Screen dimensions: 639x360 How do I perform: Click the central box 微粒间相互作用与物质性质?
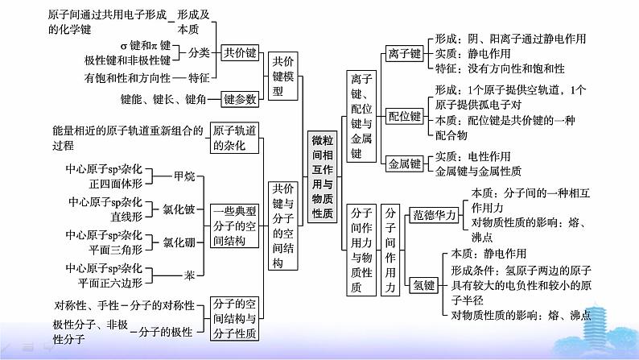322,177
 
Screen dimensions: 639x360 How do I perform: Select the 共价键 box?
240,52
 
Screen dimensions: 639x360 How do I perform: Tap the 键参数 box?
240,99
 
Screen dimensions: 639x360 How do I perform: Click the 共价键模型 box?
282,77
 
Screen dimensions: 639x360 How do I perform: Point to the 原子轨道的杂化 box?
234,138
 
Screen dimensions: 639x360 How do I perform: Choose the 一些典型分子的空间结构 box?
234,226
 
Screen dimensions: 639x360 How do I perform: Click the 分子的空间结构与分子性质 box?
234,318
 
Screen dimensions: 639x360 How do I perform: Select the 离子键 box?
404,53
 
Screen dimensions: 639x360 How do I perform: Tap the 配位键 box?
404,116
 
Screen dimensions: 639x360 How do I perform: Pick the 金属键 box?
404,164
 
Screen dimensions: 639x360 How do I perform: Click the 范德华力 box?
434,215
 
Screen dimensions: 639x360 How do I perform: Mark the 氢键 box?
424,285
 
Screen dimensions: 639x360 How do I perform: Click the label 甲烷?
184,176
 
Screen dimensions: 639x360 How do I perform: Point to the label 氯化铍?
179,209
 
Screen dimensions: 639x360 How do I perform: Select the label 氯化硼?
179,242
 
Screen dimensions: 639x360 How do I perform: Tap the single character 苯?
189,275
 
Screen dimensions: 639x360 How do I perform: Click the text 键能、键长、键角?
163,99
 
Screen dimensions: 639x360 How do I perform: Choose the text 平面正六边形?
110,283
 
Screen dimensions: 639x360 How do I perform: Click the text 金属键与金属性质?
478,171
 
